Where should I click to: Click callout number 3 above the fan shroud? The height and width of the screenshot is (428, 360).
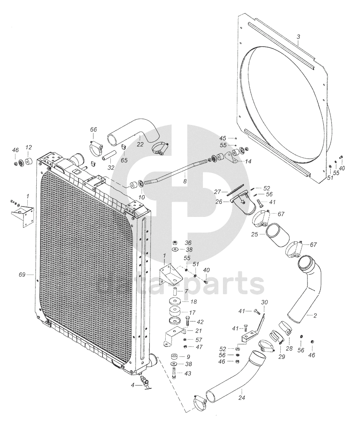298,37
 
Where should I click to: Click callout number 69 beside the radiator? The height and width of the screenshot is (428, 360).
22,274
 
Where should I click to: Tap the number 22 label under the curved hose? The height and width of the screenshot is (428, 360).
140,144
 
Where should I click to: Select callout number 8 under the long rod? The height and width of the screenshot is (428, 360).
185,181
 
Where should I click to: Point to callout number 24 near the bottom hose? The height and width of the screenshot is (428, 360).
241,398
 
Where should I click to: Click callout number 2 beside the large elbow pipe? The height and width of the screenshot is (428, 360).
315,316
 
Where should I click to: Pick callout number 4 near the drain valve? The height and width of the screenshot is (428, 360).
133,385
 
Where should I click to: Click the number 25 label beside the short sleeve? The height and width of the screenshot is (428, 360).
255,234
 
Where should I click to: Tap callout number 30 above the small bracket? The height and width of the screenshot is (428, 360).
265,302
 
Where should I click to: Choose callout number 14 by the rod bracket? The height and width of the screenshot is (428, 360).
248,162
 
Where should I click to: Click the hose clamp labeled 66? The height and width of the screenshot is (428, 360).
96,147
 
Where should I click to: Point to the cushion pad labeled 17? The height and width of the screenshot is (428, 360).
174,312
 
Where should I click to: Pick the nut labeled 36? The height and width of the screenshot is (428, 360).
175,243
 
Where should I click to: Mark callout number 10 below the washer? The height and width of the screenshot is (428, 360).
141,197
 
